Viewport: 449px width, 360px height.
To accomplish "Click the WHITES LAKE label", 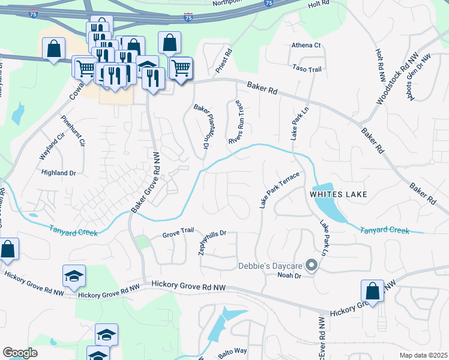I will click(x=338, y=194).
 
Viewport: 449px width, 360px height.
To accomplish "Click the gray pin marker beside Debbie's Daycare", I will click(x=311, y=265).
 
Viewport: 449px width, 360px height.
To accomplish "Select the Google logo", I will click(x=20, y=352).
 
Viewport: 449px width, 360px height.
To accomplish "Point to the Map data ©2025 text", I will click(x=423, y=355).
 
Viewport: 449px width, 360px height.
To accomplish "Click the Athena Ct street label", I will click(x=306, y=46).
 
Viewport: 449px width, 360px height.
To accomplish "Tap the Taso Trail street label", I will click(x=307, y=70).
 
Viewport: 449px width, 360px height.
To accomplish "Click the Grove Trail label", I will click(x=178, y=235).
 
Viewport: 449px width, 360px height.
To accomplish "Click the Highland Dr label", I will click(x=59, y=173).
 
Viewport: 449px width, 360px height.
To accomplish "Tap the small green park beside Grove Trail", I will click(x=142, y=242).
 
